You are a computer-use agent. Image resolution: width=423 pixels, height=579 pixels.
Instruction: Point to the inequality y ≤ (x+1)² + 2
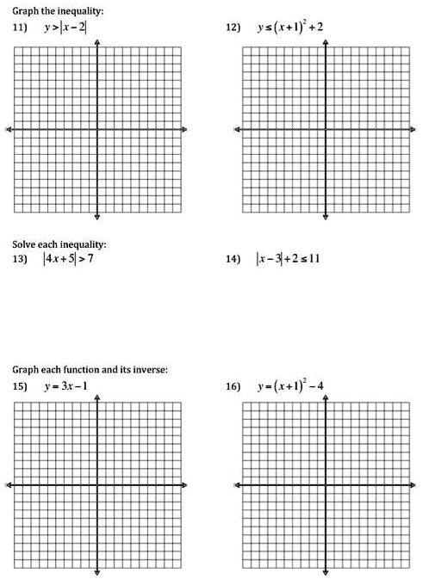[289, 28]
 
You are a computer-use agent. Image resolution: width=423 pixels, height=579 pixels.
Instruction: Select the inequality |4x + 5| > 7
[69, 259]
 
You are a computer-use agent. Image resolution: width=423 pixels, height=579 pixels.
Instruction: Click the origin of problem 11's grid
[97, 130]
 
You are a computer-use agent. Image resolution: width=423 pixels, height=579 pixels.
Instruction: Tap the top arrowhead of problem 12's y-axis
[326, 41]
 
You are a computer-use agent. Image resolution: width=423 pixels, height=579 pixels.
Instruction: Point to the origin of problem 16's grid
[326, 485]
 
